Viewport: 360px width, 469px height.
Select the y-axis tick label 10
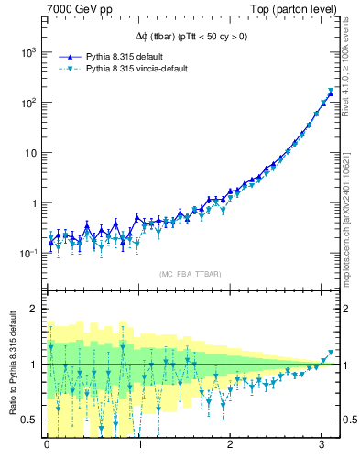tap(29, 153)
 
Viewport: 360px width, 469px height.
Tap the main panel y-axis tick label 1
tap(33, 203)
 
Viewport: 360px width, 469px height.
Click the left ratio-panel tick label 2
tap(33, 309)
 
